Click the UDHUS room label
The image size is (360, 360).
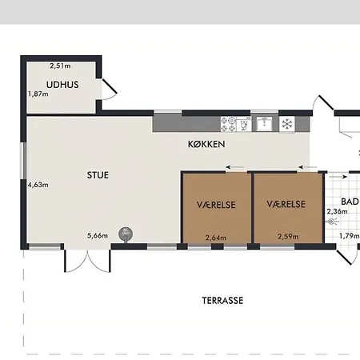(62, 85)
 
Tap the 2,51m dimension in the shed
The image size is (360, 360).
(60, 66)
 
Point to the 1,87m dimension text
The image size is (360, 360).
(38, 94)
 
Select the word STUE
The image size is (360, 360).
(98, 175)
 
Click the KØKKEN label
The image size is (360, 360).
(206, 144)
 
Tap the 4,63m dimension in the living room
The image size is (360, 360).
(38, 185)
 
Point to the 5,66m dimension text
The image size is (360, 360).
(98, 235)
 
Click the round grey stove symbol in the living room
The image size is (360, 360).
(126, 234)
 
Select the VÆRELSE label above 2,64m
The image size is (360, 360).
(216, 205)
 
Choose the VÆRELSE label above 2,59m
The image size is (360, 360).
(286, 204)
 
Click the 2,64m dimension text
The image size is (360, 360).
(216, 238)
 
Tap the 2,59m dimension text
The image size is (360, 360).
(288, 236)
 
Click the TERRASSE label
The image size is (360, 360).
(222, 301)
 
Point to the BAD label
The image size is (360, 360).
(350, 202)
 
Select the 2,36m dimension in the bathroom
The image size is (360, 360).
(337, 211)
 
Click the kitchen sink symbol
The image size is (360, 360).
(265, 124)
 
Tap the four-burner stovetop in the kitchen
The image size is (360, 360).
(228, 125)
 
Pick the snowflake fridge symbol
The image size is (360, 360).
(287, 124)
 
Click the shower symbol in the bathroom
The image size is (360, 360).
(333, 222)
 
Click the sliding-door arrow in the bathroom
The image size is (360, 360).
(338, 177)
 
